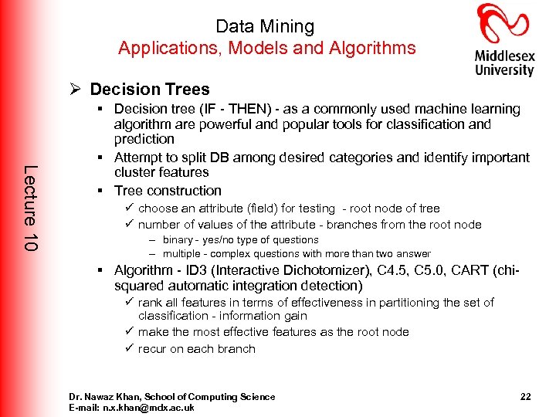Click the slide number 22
pos(525,397)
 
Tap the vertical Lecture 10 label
pos(29,207)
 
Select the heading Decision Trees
pos(150,90)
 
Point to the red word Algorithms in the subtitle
pos(375,48)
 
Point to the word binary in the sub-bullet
pos(178,240)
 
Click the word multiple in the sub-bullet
pos(181,254)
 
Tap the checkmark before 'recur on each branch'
pos(129,349)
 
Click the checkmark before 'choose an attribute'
pos(129,208)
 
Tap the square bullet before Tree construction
pos(101,191)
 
